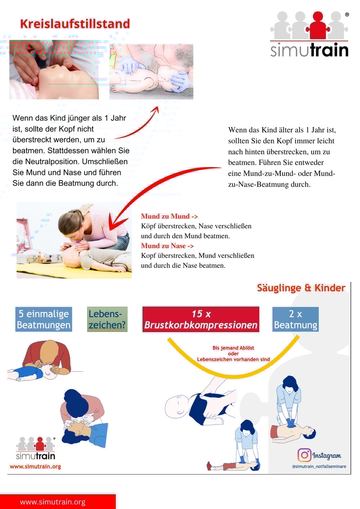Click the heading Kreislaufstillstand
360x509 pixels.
(x=75, y=24)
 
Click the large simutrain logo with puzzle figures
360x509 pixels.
(x=310, y=34)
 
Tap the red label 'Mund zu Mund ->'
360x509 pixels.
(x=169, y=216)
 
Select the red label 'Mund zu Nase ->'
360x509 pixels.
(x=167, y=246)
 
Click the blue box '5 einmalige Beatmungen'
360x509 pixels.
(x=44, y=319)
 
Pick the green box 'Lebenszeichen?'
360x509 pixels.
(x=107, y=319)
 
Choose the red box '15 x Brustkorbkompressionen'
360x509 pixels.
(x=201, y=319)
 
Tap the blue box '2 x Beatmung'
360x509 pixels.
(x=295, y=319)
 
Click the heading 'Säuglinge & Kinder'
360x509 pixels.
(x=301, y=288)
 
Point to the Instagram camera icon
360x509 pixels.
(x=304, y=455)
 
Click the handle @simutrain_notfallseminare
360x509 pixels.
(x=319, y=467)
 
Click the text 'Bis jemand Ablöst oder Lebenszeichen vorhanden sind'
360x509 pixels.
(x=233, y=353)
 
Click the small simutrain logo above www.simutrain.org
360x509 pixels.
(x=36, y=449)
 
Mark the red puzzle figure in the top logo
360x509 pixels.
(x=318, y=25)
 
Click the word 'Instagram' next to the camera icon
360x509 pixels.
(x=327, y=456)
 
